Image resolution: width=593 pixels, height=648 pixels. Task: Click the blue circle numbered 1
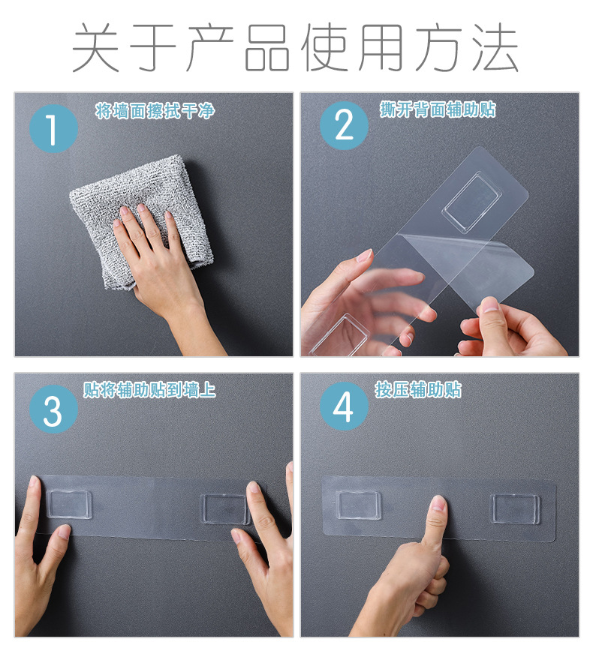pyautogui.click(x=53, y=130)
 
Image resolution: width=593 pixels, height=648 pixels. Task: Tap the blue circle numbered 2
pyautogui.click(x=344, y=125)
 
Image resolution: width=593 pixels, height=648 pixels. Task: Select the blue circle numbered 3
pyautogui.click(x=53, y=411)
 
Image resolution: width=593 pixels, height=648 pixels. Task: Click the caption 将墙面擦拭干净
pyautogui.click(x=155, y=112)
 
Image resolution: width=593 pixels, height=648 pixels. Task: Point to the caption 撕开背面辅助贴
pyautogui.click(x=438, y=109)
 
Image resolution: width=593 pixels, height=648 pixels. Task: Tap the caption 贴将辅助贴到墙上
pyautogui.click(x=149, y=390)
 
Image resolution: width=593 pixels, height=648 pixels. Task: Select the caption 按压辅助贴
pyautogui.click(x=418, y=390)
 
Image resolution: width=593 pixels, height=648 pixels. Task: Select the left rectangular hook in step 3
pyautogui.click(x=69, y=504)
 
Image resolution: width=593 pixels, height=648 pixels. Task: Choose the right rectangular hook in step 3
pyautogui.click(x=224, y=509)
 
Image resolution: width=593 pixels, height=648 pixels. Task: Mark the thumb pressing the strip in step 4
pyautogui.click(x=435, y=514)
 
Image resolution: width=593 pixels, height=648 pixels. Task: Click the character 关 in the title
pyautogui.click(x=97, y=48)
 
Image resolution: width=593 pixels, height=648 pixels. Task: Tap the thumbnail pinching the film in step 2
pyautogui.click(x=492, y=305)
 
